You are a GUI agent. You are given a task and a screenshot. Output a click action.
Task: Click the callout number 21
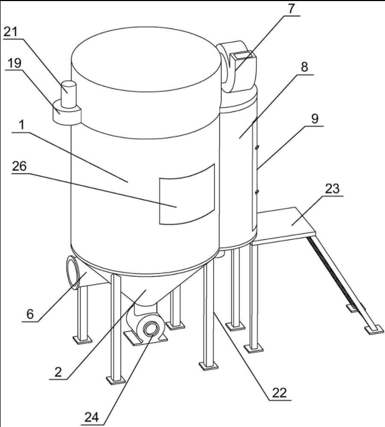click(10, 33)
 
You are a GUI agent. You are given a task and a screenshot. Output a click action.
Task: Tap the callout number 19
click(14, 63)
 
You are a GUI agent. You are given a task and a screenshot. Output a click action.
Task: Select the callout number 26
click(19, 166)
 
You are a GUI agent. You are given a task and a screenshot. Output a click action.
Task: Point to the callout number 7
click(292, 9)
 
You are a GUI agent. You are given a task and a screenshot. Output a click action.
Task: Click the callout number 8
click(304, 67)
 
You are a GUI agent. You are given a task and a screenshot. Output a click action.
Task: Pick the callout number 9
click(315, 119)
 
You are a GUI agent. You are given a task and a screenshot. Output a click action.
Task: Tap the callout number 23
click(332, 189)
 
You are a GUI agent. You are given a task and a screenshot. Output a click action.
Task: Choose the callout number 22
click(279, 393)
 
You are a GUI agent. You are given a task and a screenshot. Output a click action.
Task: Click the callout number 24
click(92, 417)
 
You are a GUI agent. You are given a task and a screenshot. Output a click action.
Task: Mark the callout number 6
click(30, 314)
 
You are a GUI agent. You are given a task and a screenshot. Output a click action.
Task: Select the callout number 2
click(58, 372)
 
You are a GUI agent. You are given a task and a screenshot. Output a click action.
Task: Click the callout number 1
click(21, 125)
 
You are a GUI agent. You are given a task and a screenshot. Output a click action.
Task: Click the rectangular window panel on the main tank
click(187, 195)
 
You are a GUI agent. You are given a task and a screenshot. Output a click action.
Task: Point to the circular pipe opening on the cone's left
click(74, 272)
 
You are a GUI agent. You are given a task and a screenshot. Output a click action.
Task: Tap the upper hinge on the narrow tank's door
click(256, 148)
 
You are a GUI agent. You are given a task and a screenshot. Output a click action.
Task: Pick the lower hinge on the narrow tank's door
click(256, 192)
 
